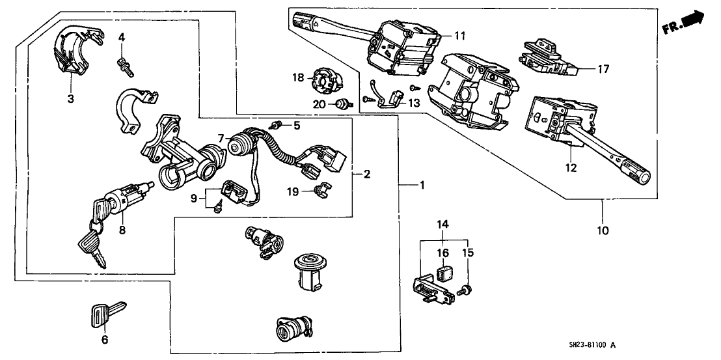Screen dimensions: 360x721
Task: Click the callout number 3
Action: click(x=70, y=99)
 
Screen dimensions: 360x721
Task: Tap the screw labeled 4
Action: click(x=122, y=63)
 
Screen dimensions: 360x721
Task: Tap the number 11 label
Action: click(x=460, y=36)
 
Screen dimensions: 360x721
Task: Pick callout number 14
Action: click(x=442, y=225)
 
